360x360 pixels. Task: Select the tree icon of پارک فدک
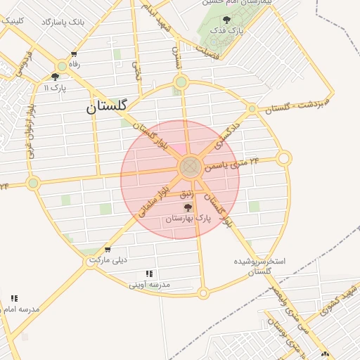pos(226,20)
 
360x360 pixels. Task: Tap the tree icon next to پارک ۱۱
pos(56,77)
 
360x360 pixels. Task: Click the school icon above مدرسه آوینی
pos(149,274)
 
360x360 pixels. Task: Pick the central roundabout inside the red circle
pos(190,167)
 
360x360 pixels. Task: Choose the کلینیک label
pos(13,21)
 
